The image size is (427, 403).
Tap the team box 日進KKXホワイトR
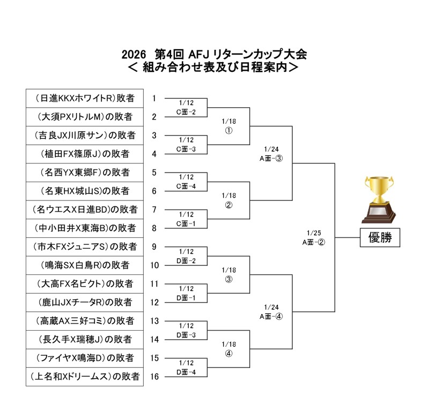tap(85, 98)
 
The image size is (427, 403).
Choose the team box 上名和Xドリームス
tap(85, 377)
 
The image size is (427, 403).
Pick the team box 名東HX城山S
tap(85, 191)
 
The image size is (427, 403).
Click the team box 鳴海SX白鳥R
tap(85, 265)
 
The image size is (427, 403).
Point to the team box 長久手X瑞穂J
tap(85, 339)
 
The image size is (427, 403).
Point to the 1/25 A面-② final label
tap(314, 237)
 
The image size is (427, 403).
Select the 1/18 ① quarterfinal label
tap(229, 126)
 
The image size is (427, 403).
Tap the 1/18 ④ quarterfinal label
tap(229, 349)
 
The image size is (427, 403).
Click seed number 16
tap(154, 377)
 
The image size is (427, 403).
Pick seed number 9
tap(154, 247)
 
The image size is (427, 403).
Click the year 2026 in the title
tap(134, 55)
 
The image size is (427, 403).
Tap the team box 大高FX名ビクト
tap(85, 283)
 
